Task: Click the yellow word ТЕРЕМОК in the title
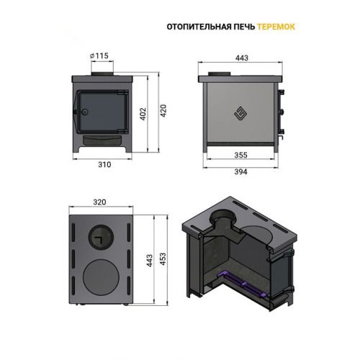(x=276, y=27)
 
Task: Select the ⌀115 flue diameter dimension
(x=99, y=55)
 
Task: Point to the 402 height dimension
(x=143, y=114)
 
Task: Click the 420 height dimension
(x=163, y=111)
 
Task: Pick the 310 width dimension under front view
(x=104, y=165)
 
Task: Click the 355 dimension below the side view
(x=240, y=155)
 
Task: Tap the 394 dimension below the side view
(x=240, y=172)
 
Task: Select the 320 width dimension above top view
(x=99, y=202)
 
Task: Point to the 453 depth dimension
(x=163, y=258)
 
